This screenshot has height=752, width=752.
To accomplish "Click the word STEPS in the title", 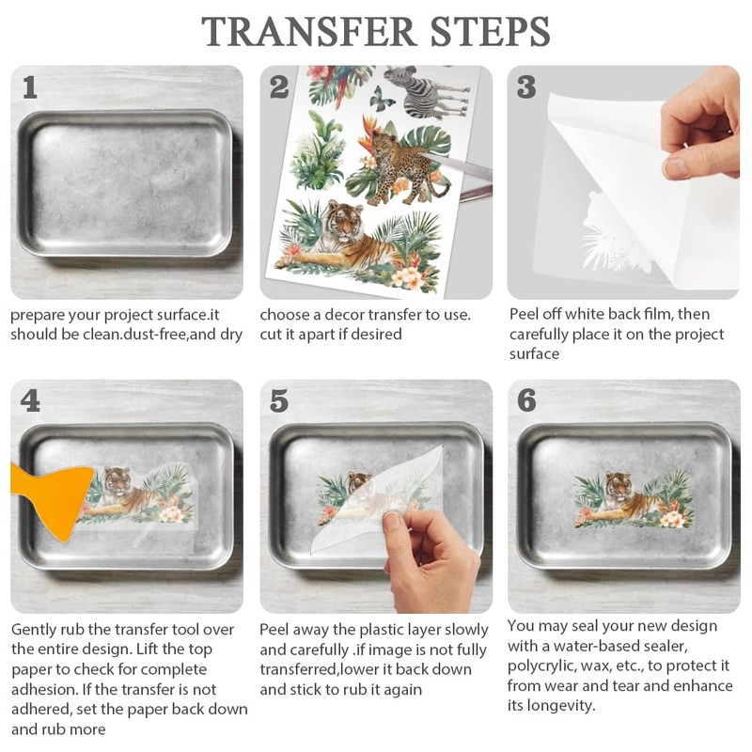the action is click(490, 32).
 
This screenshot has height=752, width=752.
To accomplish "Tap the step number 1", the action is click(30, 87).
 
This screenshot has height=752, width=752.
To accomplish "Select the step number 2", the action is click(279, 87).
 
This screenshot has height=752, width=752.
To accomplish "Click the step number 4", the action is click(30, 401).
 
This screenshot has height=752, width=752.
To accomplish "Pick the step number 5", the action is click(278, 401).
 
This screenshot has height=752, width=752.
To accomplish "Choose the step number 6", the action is click(526, 400).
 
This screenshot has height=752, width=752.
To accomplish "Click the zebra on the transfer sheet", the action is click(427, 92).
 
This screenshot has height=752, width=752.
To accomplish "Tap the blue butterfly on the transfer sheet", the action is click(383, 100).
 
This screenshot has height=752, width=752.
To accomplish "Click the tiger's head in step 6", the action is click(619, 485).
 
